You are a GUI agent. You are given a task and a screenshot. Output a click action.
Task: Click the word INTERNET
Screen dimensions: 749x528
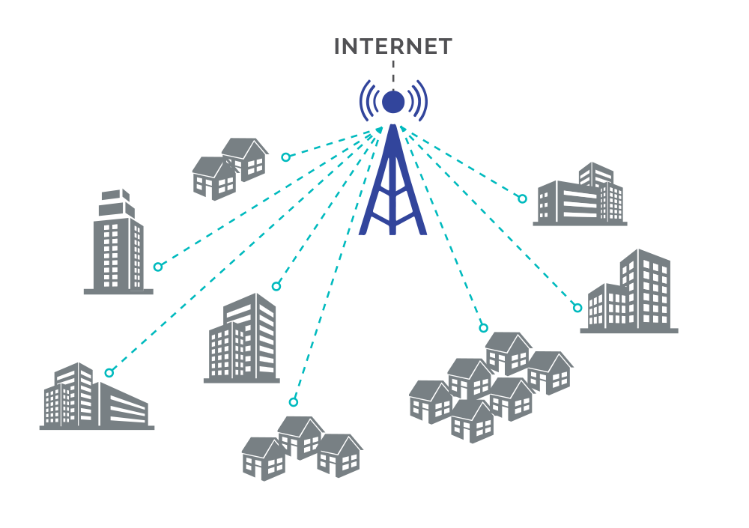click(x=392, y=46)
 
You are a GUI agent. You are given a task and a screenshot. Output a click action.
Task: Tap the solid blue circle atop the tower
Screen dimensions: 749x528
click(x=393, y=102)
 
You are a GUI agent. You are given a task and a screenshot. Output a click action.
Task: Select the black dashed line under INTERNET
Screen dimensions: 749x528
click(x=393, y=75)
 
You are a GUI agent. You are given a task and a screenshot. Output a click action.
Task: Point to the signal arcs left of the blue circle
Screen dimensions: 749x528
click(x=369, y=101)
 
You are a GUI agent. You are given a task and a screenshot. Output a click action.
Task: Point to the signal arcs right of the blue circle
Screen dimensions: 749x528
click(x=417, y=101)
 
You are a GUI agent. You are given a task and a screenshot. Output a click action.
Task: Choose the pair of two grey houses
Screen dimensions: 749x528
click(x=230, y=169)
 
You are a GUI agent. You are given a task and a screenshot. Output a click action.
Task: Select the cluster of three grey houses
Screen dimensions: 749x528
click(x=302, y=448)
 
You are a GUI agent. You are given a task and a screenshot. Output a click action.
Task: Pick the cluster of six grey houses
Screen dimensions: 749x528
click(x=491, y=387)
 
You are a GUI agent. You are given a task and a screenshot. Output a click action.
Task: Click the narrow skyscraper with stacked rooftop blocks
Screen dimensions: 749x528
click(x=118, y=242)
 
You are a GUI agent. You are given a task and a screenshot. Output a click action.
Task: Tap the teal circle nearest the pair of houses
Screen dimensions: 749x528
click(x=285, y=157)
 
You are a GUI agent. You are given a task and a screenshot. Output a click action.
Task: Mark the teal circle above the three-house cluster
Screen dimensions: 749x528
click(x=294, y=402)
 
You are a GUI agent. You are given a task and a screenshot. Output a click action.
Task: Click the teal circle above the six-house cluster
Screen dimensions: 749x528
click(x=483, y=328)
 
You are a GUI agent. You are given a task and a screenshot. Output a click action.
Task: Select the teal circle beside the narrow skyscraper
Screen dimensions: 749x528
click(x=158, y=267)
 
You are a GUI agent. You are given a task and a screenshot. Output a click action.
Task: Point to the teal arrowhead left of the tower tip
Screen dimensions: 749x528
click(x=379, y=130)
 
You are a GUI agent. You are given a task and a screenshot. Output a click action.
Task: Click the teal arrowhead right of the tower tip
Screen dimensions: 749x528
click(x=403, y=128)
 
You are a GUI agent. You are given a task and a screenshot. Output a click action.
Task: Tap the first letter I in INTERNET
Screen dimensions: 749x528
click(x=337, y=46)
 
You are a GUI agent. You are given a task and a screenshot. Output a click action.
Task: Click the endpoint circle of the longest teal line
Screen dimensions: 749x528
click(x=109, y=373)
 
